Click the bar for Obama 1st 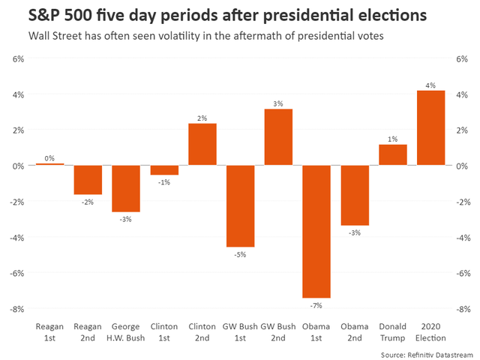tap(316, 231)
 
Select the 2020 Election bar tap(431, 127)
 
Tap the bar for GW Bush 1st tap(240, 205)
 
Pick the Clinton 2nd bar tap(202, 145)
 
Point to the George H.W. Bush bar tap(126, 188)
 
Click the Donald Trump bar tap(393, 154)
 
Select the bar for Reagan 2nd tap(88, 180)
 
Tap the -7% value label tap(316, 304)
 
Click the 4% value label tap(431, 85)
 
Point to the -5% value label tap(240, 253)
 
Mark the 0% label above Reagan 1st tap(49, 158)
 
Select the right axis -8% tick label tap(463, 309)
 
